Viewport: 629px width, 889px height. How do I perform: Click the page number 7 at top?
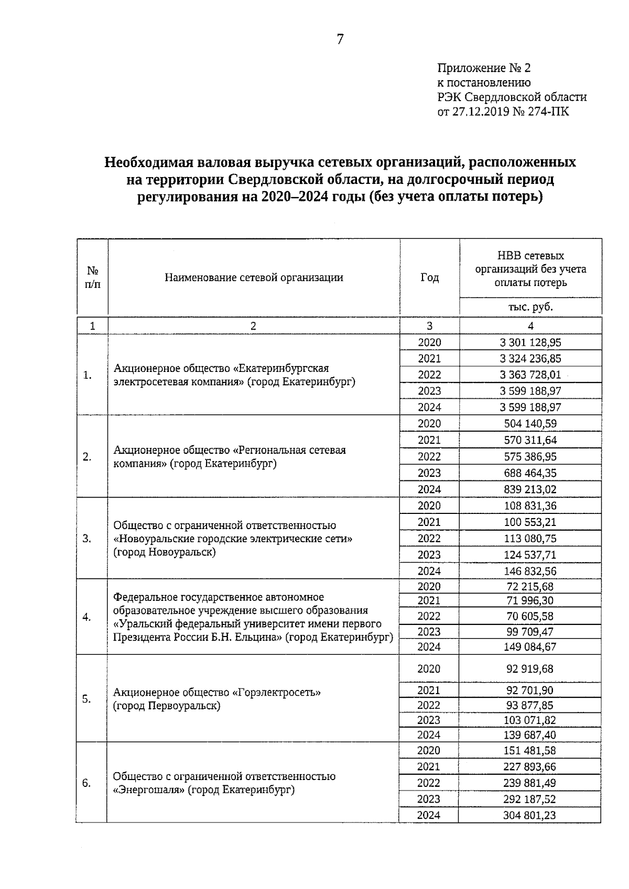pos(340,39)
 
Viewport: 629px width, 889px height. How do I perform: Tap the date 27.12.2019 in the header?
pos(481,112)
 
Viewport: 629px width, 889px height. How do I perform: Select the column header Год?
pos(429,278)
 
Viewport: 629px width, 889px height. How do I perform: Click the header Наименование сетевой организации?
pos(254,278)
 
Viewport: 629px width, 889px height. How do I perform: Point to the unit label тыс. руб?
pos(530,307)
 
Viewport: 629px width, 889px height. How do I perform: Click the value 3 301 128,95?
pos(530,343)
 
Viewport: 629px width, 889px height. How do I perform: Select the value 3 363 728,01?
pos(530,375)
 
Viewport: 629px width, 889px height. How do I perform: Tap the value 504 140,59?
pos(530,424)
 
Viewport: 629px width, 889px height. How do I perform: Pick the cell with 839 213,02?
pos(530,489)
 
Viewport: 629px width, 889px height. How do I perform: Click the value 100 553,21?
pos(530,522)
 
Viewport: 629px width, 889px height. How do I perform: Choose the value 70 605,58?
pos(530,617)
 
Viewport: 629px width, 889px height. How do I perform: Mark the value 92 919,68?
pos(530,669)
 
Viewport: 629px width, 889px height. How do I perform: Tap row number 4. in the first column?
pos(87,617)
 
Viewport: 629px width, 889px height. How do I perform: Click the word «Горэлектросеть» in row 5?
pos(276,693)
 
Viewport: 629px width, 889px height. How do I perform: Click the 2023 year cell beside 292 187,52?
pos(429,799)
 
